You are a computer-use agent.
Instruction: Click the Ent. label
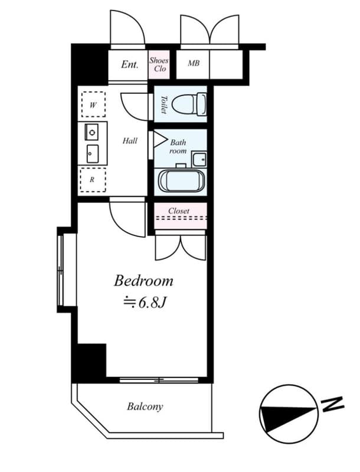pyautogui.click(x=129, y=64)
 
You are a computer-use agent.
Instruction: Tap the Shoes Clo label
pyautogui.click(x=159, y=64)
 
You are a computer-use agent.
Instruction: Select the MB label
pyautogui.click(x=194, y=64)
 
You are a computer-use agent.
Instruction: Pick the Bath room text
pyautogui.click(x=178, y=146)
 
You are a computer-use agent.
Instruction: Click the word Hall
pyautogui.click(x=130, y=140)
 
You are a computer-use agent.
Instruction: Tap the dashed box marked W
pyautogui.click(x=93, y=106)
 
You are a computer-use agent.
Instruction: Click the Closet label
pyautogui.click(x=179, y=211)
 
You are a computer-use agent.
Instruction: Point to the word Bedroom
pyautogui.click(x=143, y=280)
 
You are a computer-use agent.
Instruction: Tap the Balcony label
pyautogui.click(x=145, y=407)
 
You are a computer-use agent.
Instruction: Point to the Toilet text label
pyautogui.click(x=163, y=104)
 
